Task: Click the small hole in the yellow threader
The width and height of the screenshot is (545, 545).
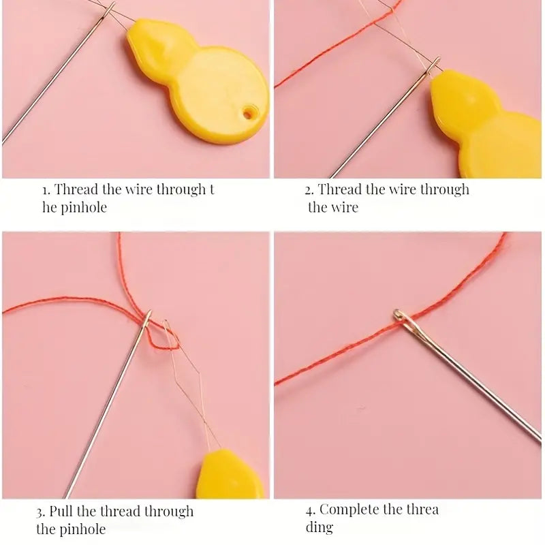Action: pos(248,112)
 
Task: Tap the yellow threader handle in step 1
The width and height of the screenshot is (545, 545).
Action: pos(197,81)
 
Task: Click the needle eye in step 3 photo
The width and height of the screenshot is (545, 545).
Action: pos(147,319)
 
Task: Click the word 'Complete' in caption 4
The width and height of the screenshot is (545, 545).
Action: pos(349,510)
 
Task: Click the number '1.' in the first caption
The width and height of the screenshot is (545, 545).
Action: pos(46,190)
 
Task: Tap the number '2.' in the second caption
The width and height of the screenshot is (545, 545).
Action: pos(309,190)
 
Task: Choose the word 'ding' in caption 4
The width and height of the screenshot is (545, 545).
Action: pos(319,527)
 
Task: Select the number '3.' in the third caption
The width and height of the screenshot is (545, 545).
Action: pos(41,512)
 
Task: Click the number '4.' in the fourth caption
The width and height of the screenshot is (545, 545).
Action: pos(311,510)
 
